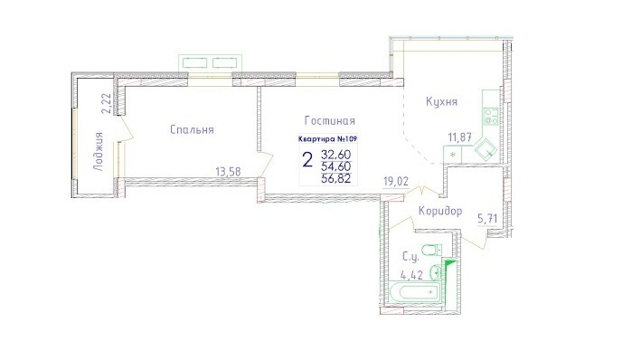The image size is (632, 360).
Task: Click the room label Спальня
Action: (x=192, y=130)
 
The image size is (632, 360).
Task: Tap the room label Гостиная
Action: (x=330, y=121)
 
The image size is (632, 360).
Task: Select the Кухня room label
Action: (x=442, y=102)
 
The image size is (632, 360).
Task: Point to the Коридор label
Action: (x=440, y=211)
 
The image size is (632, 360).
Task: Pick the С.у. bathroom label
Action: (x=411, y=256)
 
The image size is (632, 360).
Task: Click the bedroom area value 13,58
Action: (x=228, y=172)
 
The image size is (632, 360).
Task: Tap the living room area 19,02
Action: (x=396, y=182)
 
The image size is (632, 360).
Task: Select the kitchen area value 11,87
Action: (x=460, y=137)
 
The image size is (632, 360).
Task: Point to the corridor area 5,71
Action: (x=487, y=219)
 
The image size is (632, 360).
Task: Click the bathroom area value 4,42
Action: (x=411, y=275)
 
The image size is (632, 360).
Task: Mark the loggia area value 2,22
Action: (x=106, y=104)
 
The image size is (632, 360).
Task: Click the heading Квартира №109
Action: (x=327, y=139)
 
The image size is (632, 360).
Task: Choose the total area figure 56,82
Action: (x=336, y=178)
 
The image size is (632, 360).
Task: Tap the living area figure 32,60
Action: (x=336, y=155)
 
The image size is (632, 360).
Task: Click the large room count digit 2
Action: (x=307, y=160)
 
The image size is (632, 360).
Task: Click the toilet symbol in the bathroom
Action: (x=432, y=250)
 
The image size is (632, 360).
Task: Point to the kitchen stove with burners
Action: (x=491, y=116)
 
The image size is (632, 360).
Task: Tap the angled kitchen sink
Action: (x=486, y=150)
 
